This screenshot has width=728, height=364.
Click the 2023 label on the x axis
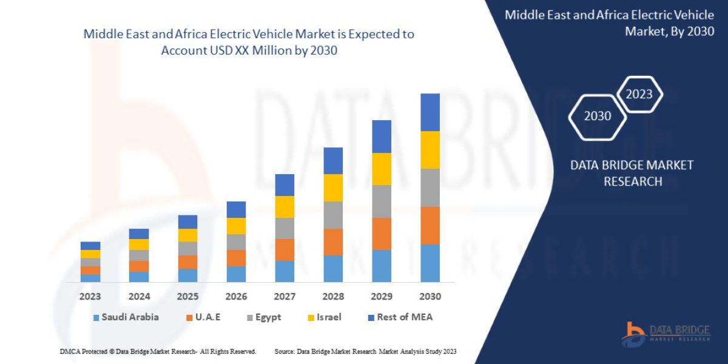pyautogui.click(x=90, y=297)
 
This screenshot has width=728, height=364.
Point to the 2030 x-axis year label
pyautogui.click(x=430, y=297)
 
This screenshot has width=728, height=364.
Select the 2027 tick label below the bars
pyautogui.click(x=284, y=297)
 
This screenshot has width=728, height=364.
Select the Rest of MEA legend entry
pyautogui.click(x=400, y=317)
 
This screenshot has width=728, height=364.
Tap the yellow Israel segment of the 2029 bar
pyautogui.click(x=382, y=169)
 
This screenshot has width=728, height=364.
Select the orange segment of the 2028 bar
pyautogui.click(x=333, y=241)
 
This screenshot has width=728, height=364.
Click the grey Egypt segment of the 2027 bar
pyautogui.click(x=285, y=228)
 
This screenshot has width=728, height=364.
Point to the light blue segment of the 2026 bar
pyautogui.click(x=236, y=274)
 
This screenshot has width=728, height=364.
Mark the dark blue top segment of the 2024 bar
pyautogui.click(x=139, y=234)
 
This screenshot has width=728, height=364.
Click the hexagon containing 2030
pyautogui.click(x=597, y=116)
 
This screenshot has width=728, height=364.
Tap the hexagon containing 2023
pyautogui.click(x=639, y=94)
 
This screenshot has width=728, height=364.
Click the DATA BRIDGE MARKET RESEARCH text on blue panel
pyautogui.click(x=632, y=173)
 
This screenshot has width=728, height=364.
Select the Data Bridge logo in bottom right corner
pyautogui.click(x=666, y=334)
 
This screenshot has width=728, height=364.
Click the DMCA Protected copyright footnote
pyautogui.click(x=158, y=351)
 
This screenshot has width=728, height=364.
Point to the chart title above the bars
pyautogui.click(x=249, y=42)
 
